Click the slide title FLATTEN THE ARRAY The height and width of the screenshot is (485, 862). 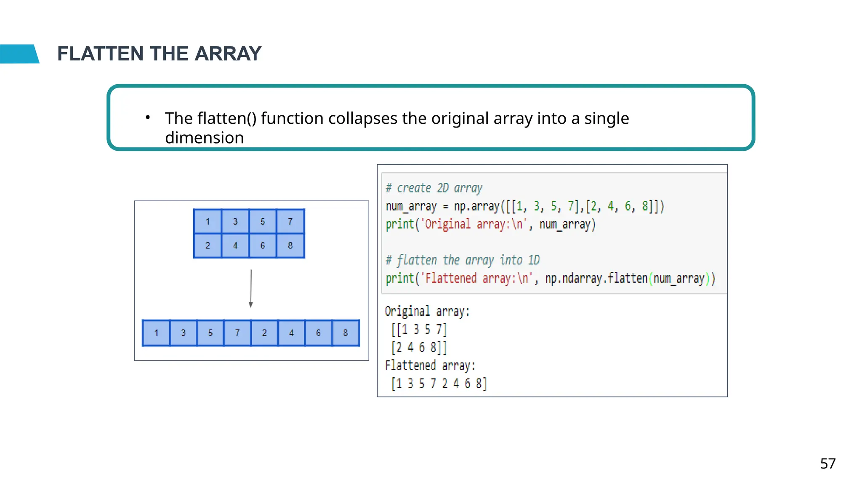pos(159,54)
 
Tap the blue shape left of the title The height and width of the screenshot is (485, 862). pos(19,54)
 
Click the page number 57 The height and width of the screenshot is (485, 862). pos(827,464)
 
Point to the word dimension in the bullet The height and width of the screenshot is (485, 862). pos(204,138)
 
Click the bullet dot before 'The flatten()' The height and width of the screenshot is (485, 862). pos(148,117)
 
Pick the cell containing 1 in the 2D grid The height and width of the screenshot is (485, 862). pos(208,221)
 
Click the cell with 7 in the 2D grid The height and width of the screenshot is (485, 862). pos(290,221)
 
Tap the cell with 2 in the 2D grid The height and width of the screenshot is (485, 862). pos(208,245)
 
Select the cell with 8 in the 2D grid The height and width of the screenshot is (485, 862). pos(290,245)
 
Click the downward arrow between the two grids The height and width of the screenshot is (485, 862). pos(251,289)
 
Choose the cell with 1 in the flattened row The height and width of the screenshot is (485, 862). pos(156,333)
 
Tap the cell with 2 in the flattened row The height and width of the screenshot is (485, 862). pos(264,333)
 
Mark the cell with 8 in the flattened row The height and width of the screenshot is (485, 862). pos(345,333)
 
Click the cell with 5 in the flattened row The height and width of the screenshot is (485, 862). pos(210,333)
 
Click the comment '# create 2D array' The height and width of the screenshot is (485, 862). pos(434,188)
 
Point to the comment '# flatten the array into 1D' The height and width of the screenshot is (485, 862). pos(463,260)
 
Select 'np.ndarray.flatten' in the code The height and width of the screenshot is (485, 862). pos(596,278)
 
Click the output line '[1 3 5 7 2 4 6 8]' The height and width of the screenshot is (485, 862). pos(439,384)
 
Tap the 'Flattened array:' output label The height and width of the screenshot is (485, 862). pos(430,365)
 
